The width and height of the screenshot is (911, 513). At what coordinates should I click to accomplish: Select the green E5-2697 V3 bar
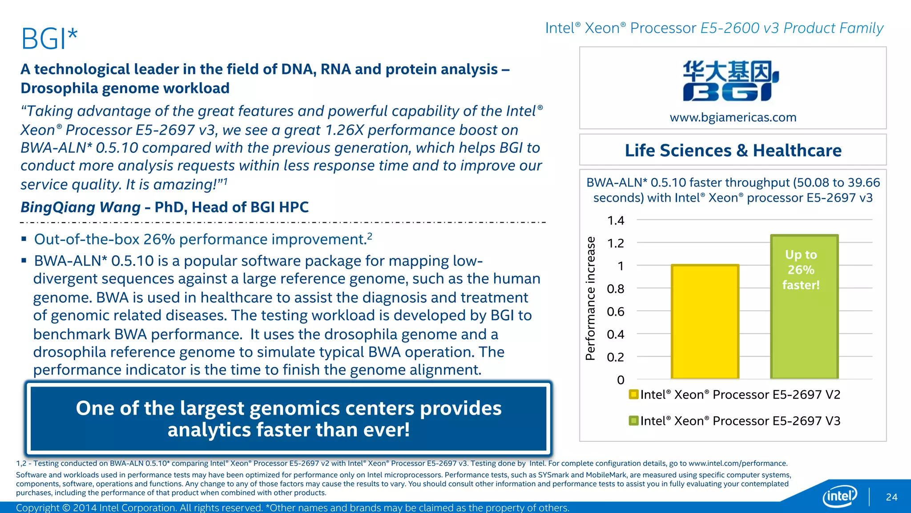pyautogui.click(x=804, y=330)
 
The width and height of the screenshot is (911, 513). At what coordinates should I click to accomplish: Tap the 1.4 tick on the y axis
pyautogui.click(x=616, y=220)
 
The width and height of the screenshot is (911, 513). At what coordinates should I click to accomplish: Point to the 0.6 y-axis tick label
pyautogui.click(x=616, y=312)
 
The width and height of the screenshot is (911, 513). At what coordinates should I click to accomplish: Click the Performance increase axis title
pyautogui.click(x=590, y=298)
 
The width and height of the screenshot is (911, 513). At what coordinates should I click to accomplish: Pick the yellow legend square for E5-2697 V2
pyautogui.click(x=633, y=395)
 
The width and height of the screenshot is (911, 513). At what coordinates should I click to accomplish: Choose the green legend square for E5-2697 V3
pyautogui.click(x=633, y=421)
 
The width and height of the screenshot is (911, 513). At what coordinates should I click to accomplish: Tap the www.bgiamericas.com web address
pyautogui.click(x=733, y=118)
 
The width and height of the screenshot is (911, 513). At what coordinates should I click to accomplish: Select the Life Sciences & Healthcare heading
pyautogui.click(x=733, y=151)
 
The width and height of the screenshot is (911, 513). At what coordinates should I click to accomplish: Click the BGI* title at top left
pyautogui.click(x=49, y=39)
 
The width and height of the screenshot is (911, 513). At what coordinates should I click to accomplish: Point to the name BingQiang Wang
pyautogui.click(x=81, y=207)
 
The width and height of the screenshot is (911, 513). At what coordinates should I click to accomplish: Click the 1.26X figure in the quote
pyautogui.click(x=344, y=130)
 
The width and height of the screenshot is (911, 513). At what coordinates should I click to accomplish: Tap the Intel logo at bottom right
pyautogui.click(x=839, y=496)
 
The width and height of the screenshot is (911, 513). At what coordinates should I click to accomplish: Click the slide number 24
pyautogui.click(x=891, y=497)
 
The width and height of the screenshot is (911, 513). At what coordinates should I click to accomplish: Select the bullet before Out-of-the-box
pyautogui.click(x=24, y=240)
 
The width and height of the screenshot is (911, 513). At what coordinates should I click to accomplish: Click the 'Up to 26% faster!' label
pyautogui.click(x=801, y=270)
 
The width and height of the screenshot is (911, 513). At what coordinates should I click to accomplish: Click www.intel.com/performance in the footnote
pyautogui.click(x=738, y=464)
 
